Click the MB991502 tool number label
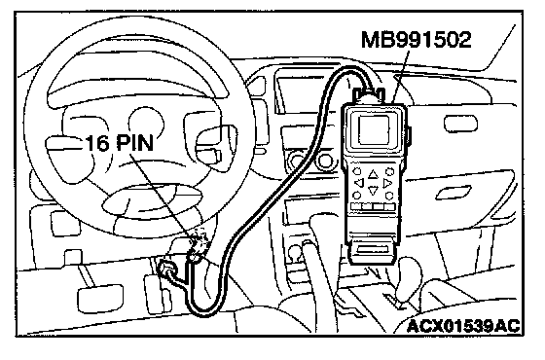[417, 40]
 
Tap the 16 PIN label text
[120, 143]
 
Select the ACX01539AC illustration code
[463, 326]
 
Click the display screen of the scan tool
[374, 129]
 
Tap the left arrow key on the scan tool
[359, 183]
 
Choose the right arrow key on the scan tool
[387, 183]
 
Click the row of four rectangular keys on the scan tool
[373, 206]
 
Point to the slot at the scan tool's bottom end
[373, 249]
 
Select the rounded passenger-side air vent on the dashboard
[460, 125]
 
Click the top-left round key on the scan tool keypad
[357, 171]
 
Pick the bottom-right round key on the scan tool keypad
[389, 196]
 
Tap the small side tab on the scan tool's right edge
[409, 136]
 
